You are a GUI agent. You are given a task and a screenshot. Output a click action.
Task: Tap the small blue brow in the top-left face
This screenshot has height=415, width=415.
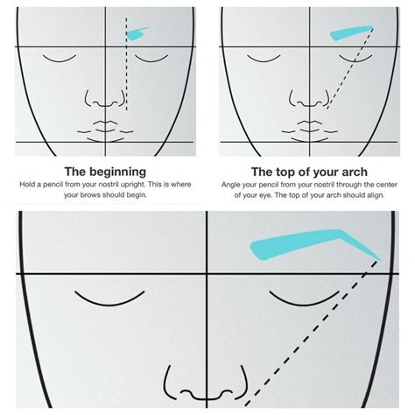click(x=137, y=34)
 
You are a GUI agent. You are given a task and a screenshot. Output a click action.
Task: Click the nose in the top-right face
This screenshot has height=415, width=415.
click(x=312, y=99)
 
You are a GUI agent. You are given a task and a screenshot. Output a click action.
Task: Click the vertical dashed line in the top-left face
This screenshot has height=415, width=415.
click(x=128, y=70)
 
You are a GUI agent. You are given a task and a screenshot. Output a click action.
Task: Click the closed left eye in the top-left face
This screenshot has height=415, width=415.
click(x=62, y=57)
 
